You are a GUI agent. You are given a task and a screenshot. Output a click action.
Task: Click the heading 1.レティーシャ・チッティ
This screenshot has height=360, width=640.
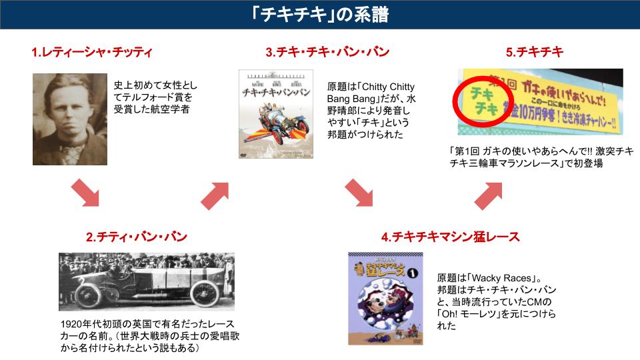tap(93, 51)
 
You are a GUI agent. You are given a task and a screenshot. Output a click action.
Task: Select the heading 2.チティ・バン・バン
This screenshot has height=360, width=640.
tap(137, 237)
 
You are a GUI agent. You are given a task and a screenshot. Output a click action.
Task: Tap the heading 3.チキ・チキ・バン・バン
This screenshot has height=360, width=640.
tap(327, 51)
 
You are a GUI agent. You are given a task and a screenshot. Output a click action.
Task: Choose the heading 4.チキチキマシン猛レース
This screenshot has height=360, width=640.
tap(451, 237)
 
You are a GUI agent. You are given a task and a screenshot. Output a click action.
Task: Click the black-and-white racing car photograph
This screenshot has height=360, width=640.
tap(147, 281)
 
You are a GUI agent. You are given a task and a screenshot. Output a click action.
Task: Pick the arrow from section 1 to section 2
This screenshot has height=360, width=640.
tap(84, 192)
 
